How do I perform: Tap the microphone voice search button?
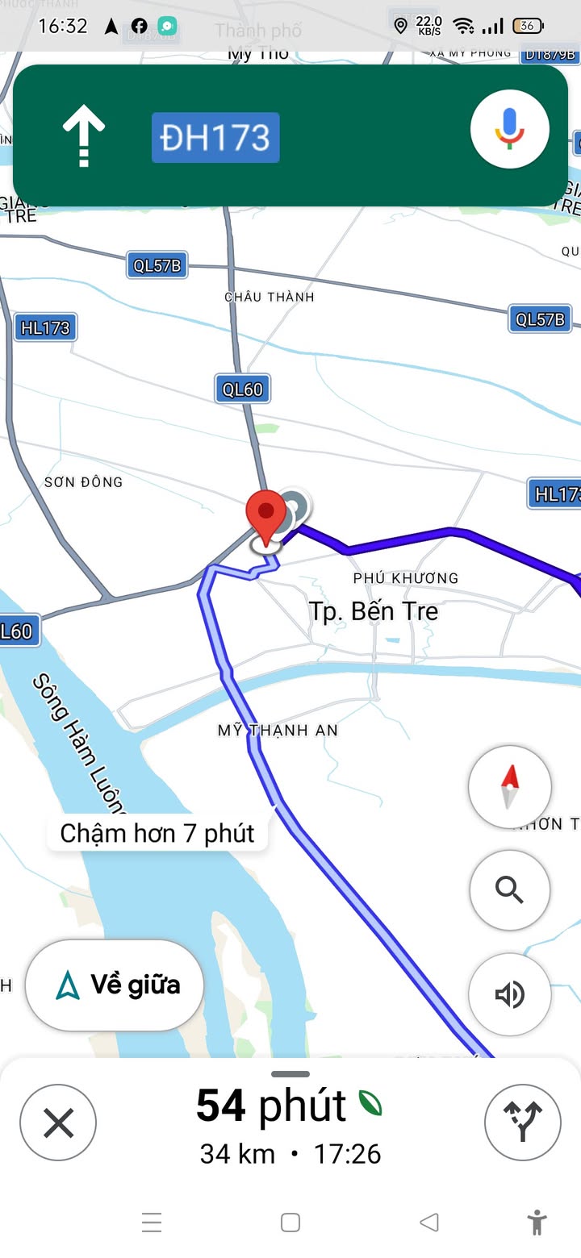pyautogui.click(x=510, y=129)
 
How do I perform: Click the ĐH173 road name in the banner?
pyautogui.click(x=215, y=138)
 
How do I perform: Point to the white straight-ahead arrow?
pyautogui.click(x=84, y=136)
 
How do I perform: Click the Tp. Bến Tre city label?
pyautogui.click(x=374, y=611)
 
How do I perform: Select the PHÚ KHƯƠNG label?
pyautogui.click(x=405, y=578)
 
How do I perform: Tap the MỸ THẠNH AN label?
pyautogui.click(x=278, y=731)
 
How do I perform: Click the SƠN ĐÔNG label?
pyautogui.click(x=83, y=482)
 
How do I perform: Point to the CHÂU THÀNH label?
pyautogui.click(x=269, y=297)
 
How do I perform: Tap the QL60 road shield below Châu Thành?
pyautogui.click(x=243, y=389)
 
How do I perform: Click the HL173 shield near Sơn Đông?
pyautogui.click(x=45, y=328)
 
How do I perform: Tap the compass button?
pyautogui.click(x=510, y=787)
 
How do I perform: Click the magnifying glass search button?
pyautogui.click(x=510, y=890)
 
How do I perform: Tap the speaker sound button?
pyautogui.click(x=510, y=994)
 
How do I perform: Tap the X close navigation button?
pyautogui.click(x=58, y=1123)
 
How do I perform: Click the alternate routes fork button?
pyautogui.click(x=522, y=1123)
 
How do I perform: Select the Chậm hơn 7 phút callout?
pyautogui.click(x=157, y=833)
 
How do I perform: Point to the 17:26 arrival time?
pyautogui.click(x=347, y=1154)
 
